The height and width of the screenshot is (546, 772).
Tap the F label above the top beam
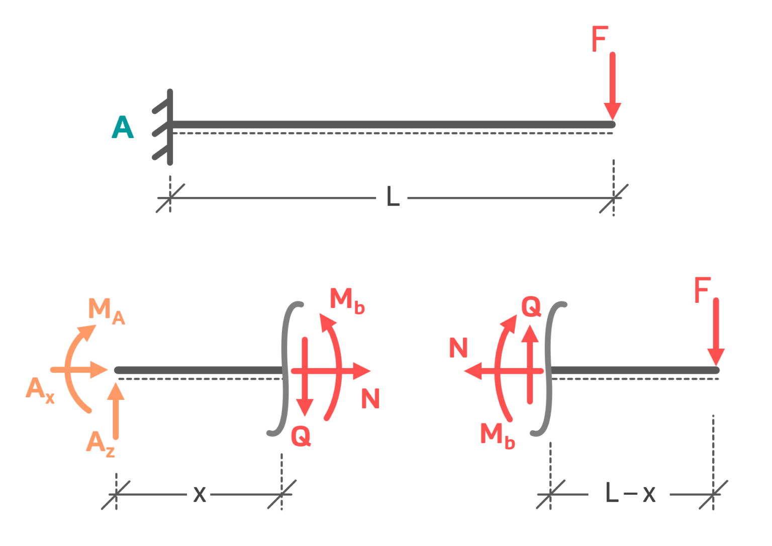pyautogui.click(x=600, y=39)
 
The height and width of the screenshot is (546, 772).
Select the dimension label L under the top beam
pyautogui.click(x=393, y=197)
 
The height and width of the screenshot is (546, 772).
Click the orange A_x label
pyautogui.click(x=40, y=390)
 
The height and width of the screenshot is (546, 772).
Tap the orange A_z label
pyautogui.click(x=100, y=444)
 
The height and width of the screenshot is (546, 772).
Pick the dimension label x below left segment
pyautogui.click(x=200, y=495)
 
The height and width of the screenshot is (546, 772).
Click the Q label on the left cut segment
pyautogui.click(x=301, y=436)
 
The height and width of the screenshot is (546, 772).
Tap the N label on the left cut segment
pyautogui.click(x=370, y=399)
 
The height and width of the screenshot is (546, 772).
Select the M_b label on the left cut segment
pyautogui.click(x=347, y=300)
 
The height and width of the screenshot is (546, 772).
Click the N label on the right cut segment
pyautogui.click(x=458, y=348)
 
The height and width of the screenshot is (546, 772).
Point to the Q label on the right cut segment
pyautogui.click(x=531, y=306)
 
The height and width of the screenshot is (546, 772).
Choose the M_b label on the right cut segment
pyautogui.click(x=497, y=435)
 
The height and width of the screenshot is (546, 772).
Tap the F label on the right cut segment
pyautogui.click(x=702, y=290)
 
